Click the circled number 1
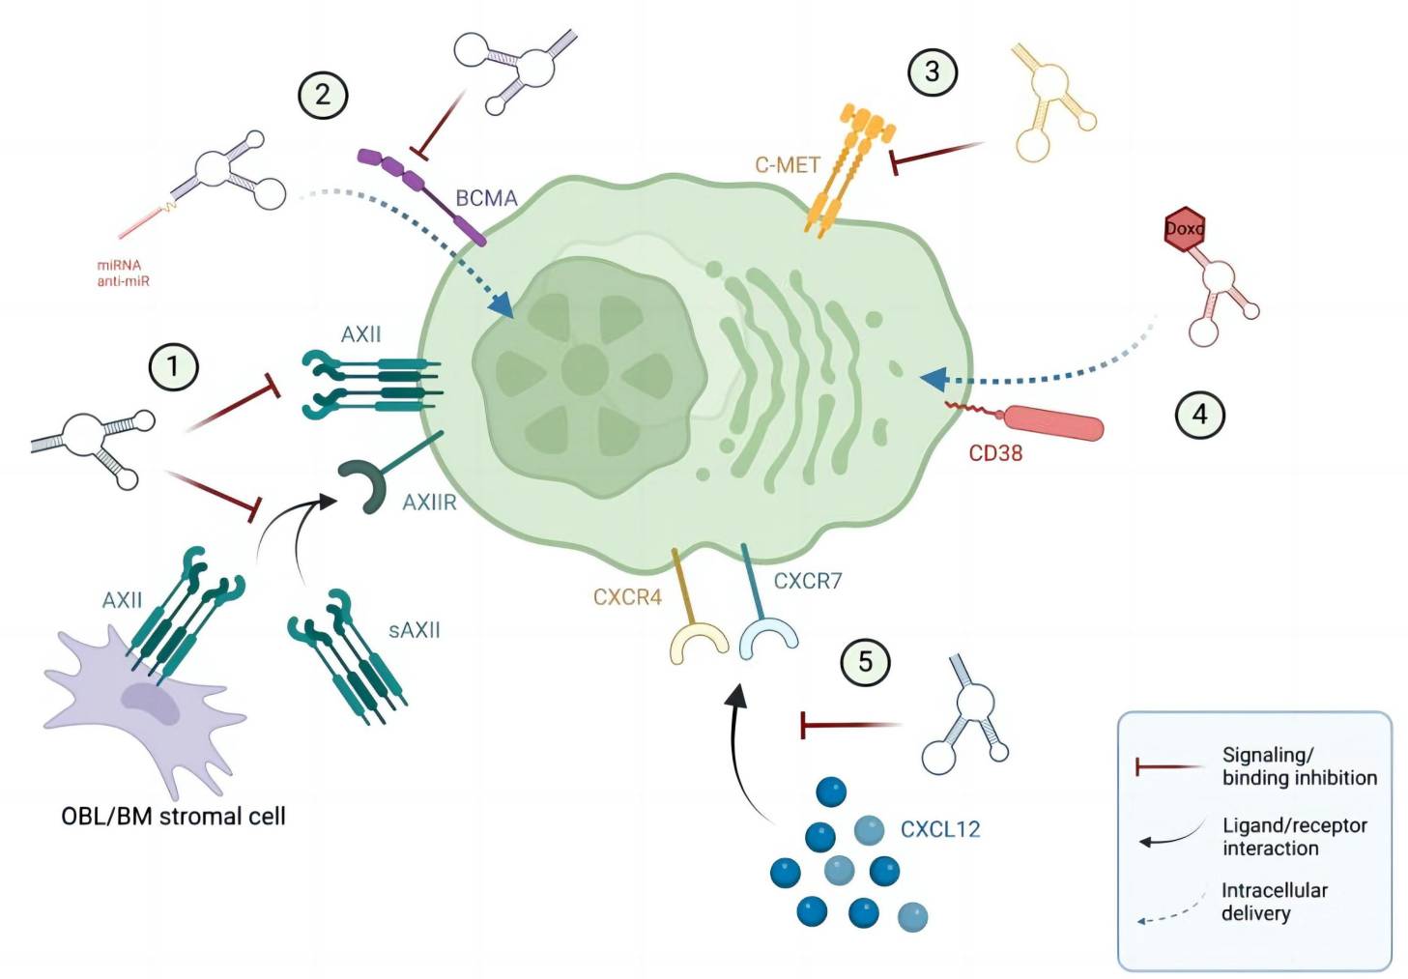[173, 366]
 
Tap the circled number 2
[322, 95]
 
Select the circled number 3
[932, 71]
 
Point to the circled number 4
[1199, 415]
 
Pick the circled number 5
[865, 662]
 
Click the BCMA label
[486, 198]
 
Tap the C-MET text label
[787, 165]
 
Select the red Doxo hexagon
[1184, 229]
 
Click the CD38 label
[995, 453]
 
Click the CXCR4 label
[627, 597]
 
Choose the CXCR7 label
[808, 581]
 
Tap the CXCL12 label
[939, 829]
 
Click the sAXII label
[414, 630]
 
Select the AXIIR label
[429, 503]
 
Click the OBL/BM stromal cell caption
[173, 817]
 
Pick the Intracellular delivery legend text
[1274, 902]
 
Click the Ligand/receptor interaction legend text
[1294, 837]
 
